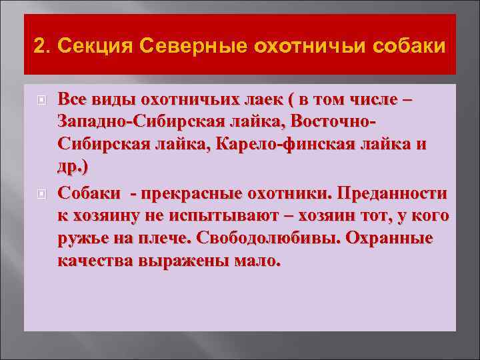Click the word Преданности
point(393,193)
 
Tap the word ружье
point(81,239)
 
